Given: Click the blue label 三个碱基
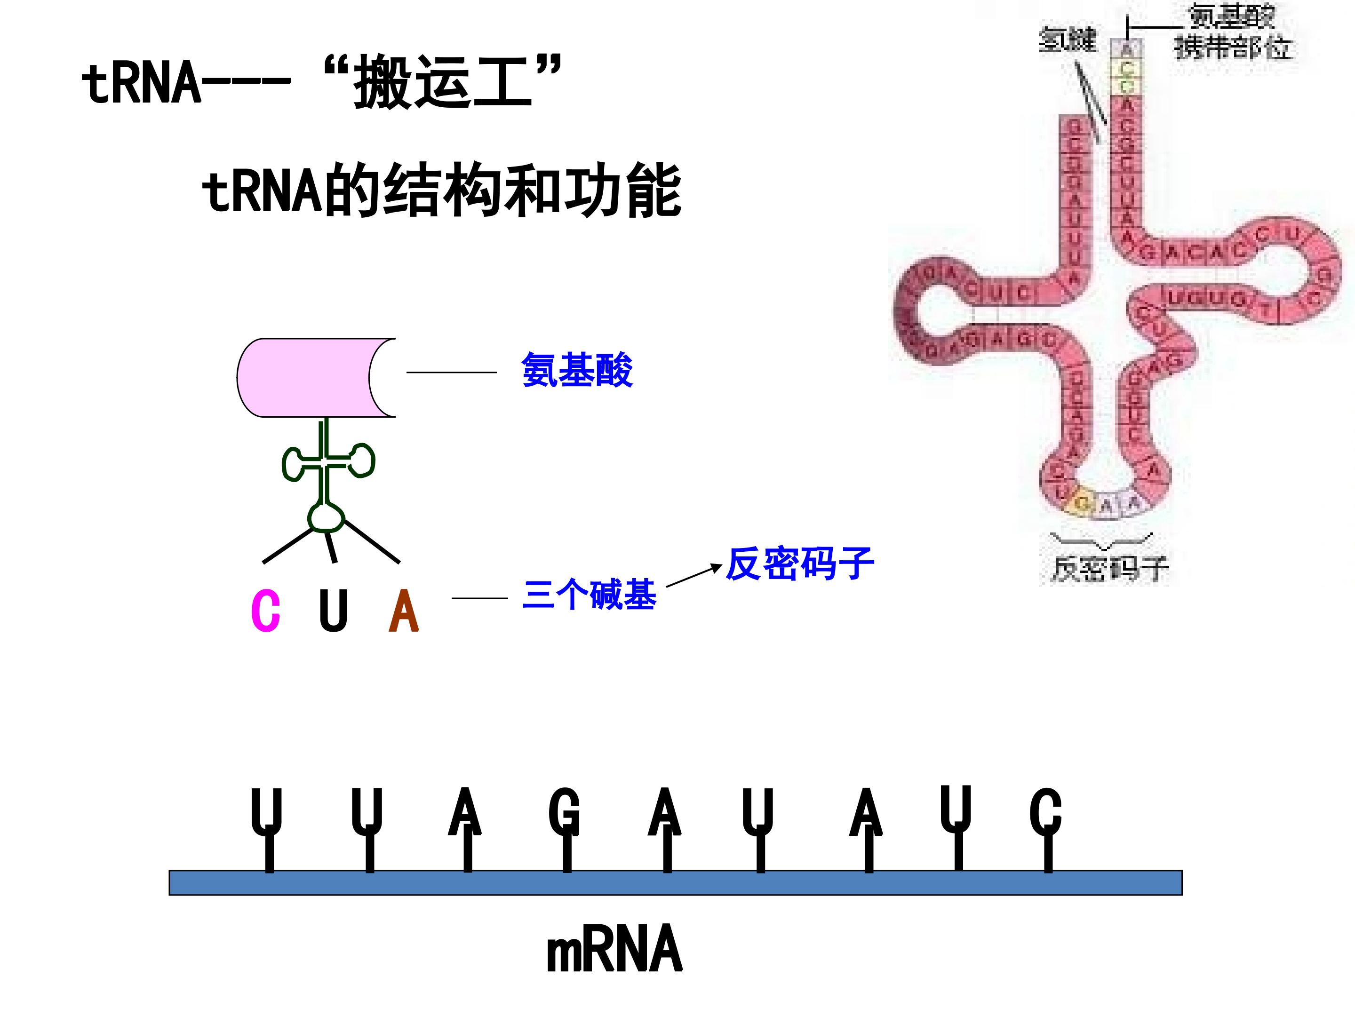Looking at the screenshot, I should [x=590, y=595].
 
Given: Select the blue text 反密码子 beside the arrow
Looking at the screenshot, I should [x=799, y=564].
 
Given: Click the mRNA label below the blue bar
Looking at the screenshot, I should [x=614, y=950].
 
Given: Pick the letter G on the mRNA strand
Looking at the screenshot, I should [x=564, y=811].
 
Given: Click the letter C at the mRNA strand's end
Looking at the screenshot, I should [x=1045, y=811].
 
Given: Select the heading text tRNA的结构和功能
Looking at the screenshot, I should [x=441, y=190].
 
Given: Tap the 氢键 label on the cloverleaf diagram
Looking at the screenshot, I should [x=1067, y=40].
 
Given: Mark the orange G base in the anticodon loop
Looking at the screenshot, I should [x=1083, y=503].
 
